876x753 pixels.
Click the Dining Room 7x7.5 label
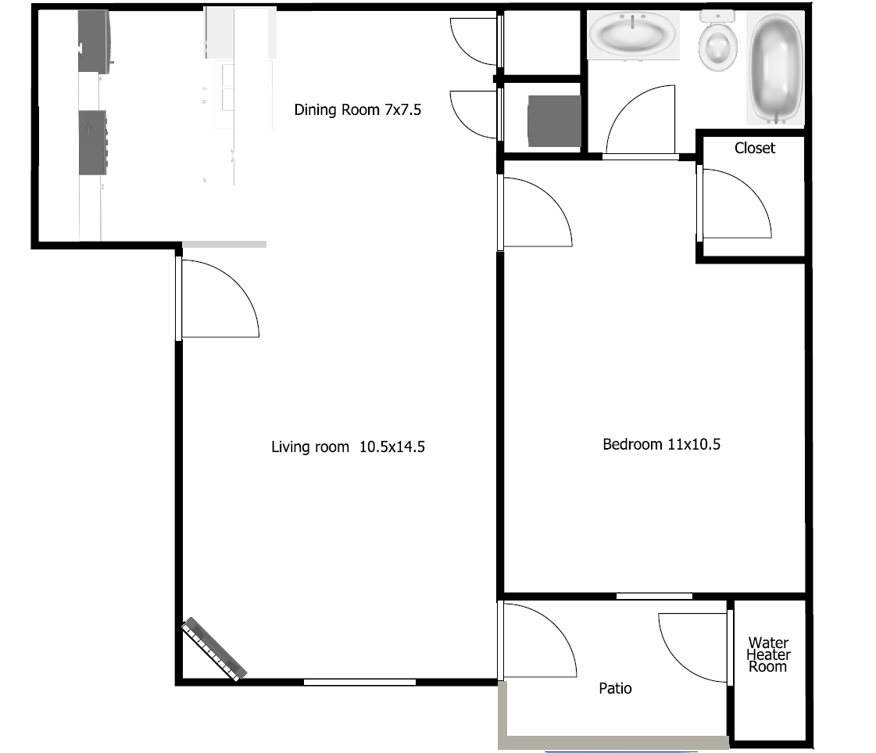[x=357, y=110]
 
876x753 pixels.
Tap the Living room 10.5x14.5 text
[x=348, y=447]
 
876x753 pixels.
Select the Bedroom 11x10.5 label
[x=661, y=445]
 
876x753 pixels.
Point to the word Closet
[x=754, y=148]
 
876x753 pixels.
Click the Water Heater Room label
[x=768, y=654]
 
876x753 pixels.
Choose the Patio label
[x=615, y=688]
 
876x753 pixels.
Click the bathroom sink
[x=633, y=35]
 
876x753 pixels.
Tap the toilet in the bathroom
[x=717, y=43]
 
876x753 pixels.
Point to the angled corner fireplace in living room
[x=214, y=650]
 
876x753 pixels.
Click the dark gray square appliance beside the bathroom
[x=554, y=121]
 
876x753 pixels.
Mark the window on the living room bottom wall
[x=359, y=682]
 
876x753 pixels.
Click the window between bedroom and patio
[x=654, y=596]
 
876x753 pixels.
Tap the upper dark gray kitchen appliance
[x=95, y=41]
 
